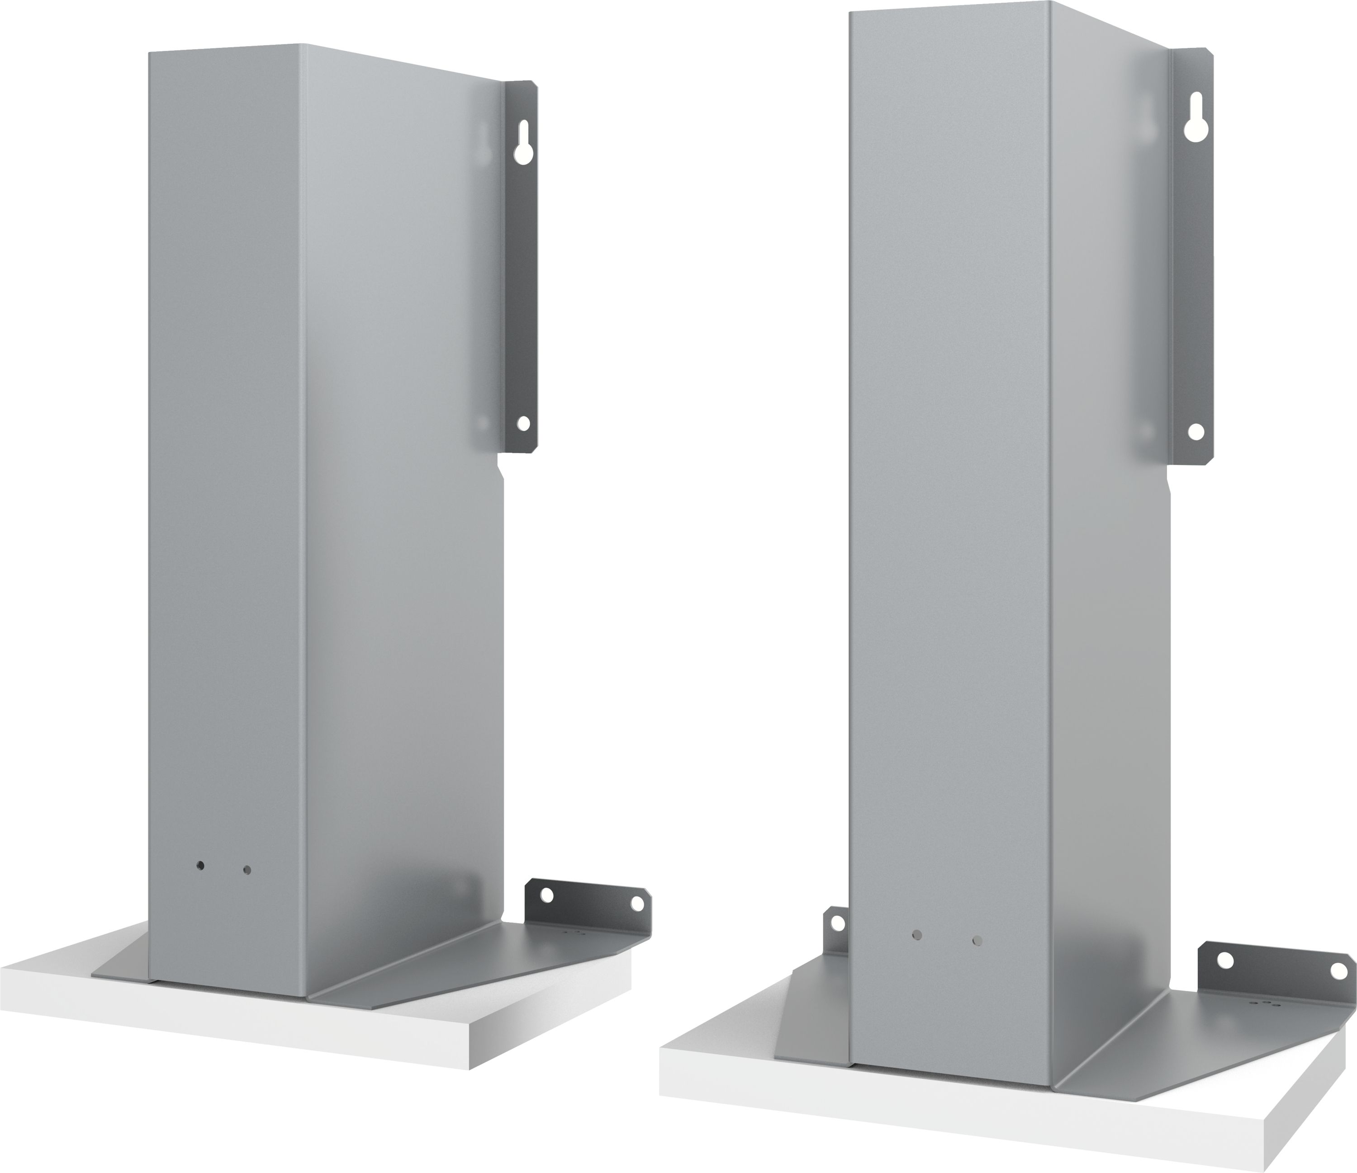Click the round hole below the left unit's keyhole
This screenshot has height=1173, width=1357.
(x=522, y=424)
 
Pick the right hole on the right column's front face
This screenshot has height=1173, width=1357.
(x=977, y=941)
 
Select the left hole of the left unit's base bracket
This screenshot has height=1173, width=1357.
(x=547, y=894)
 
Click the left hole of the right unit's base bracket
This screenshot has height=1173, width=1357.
(x=1223, y=960)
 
